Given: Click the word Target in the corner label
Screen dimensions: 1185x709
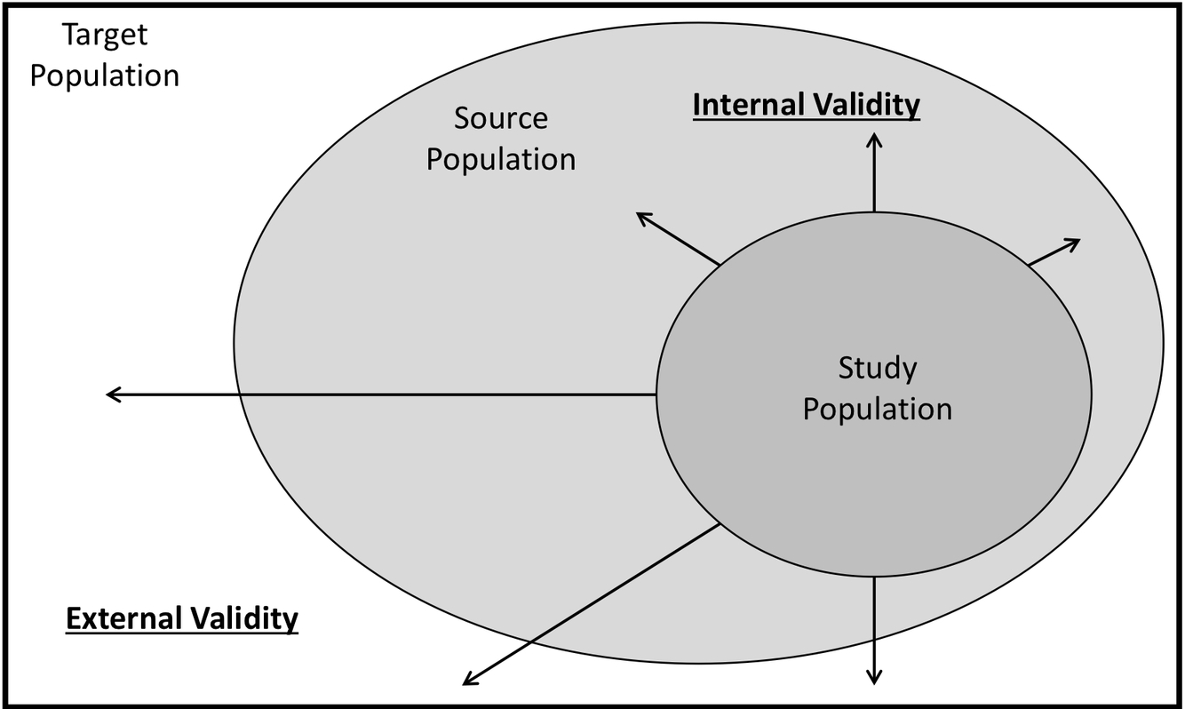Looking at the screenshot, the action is pos(105,36).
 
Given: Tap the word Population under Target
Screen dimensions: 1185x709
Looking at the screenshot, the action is pos(105,76).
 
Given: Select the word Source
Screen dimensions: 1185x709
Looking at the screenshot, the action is pos(501,118).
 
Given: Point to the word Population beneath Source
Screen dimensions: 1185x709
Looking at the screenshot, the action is pos(501,160).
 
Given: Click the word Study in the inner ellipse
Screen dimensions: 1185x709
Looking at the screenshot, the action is pos(878,368).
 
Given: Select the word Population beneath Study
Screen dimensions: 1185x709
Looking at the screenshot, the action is pos(878,410).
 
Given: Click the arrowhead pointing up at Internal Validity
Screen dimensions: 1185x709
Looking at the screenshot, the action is pos(875,139).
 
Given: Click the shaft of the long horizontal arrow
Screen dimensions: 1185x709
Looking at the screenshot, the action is pos(382,394).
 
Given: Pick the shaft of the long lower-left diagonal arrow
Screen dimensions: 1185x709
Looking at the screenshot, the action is pos(591,605).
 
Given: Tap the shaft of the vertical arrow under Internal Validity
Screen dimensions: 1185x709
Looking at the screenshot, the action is pos(875,178).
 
